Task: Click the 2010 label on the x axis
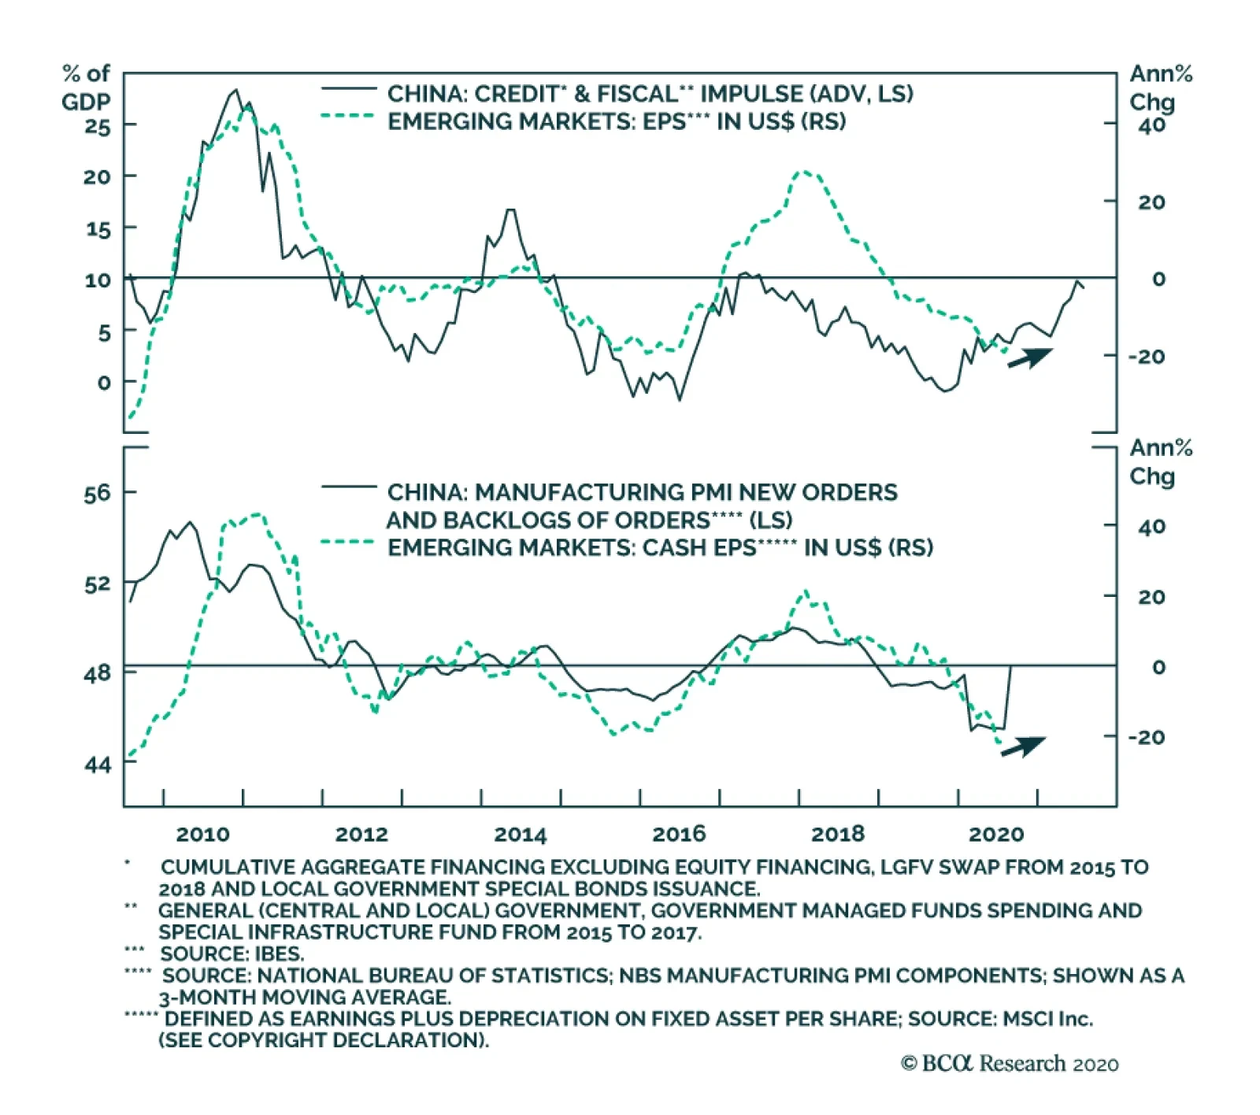click(x=202, y=835)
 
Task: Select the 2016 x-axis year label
click(x=679, y=835)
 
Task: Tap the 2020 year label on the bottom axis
click(x=996, y=835)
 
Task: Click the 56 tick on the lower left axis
click(x=98, y=494)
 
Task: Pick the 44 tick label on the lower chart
click(x=98, y=764)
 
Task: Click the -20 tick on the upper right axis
click(x=1146, y=357)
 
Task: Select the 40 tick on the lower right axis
click(x=1151, y=527)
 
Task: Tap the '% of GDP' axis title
click(x=86, y=87)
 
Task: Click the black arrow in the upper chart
click(x=1030, y=357)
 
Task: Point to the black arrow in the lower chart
click(x=1023, y=746)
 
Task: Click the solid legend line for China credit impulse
click(x=349, y=89)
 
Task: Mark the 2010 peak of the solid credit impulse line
click(x=235, y=91)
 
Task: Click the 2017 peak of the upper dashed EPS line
click(x=803, y=172)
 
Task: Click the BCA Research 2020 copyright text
click(x=1010, y=1064)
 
